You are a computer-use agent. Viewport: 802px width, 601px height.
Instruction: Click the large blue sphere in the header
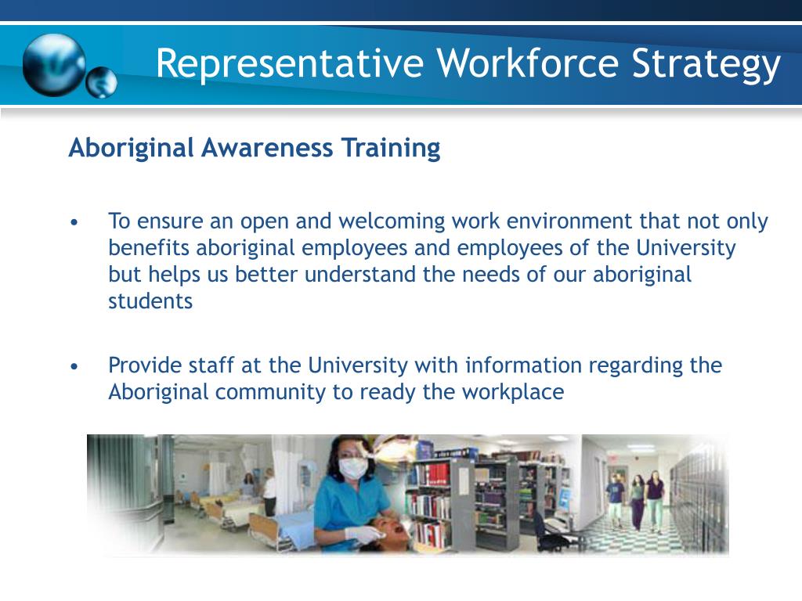53,65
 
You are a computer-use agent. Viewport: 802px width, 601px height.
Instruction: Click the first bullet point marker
74,223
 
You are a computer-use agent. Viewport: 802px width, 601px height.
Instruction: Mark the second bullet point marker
74,367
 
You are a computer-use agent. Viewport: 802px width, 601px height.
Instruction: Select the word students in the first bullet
150,302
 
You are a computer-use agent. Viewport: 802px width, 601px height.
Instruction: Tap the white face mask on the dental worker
353,469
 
